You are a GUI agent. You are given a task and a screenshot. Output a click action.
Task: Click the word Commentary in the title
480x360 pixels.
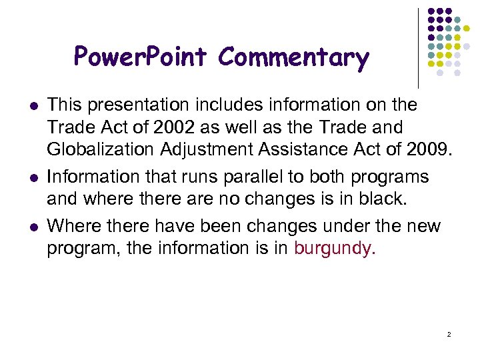(293, 59)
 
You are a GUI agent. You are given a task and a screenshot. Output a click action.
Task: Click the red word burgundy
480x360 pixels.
(335, 249)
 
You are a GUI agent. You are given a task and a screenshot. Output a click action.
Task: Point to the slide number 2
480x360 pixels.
(449, 333)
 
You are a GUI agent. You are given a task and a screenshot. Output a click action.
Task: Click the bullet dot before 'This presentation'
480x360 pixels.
(33, 106)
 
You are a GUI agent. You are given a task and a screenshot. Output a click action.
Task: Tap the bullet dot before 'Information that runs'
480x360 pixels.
(33, 178)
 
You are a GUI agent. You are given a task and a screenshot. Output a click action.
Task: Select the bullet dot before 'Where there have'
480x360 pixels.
(33, 227)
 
